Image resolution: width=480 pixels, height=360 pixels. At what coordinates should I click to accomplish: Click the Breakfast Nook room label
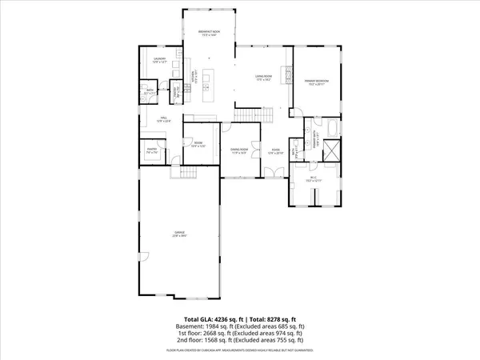210,32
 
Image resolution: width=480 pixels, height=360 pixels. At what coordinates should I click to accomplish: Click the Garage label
180,233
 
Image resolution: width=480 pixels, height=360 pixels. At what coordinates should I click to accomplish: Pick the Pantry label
150,149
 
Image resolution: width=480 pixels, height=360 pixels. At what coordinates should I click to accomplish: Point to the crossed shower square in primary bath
331,149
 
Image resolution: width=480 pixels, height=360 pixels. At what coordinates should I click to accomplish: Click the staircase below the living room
247,116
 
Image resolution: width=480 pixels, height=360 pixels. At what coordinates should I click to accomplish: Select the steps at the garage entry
188,174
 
